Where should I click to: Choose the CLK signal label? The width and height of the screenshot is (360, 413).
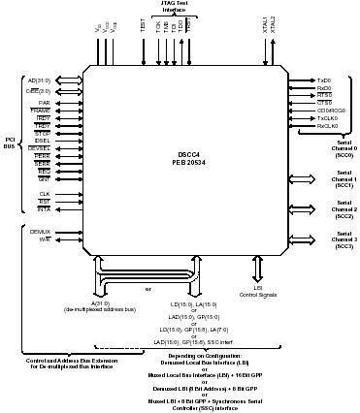44,193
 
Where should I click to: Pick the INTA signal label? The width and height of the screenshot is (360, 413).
43,210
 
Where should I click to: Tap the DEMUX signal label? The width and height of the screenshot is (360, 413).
40,233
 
